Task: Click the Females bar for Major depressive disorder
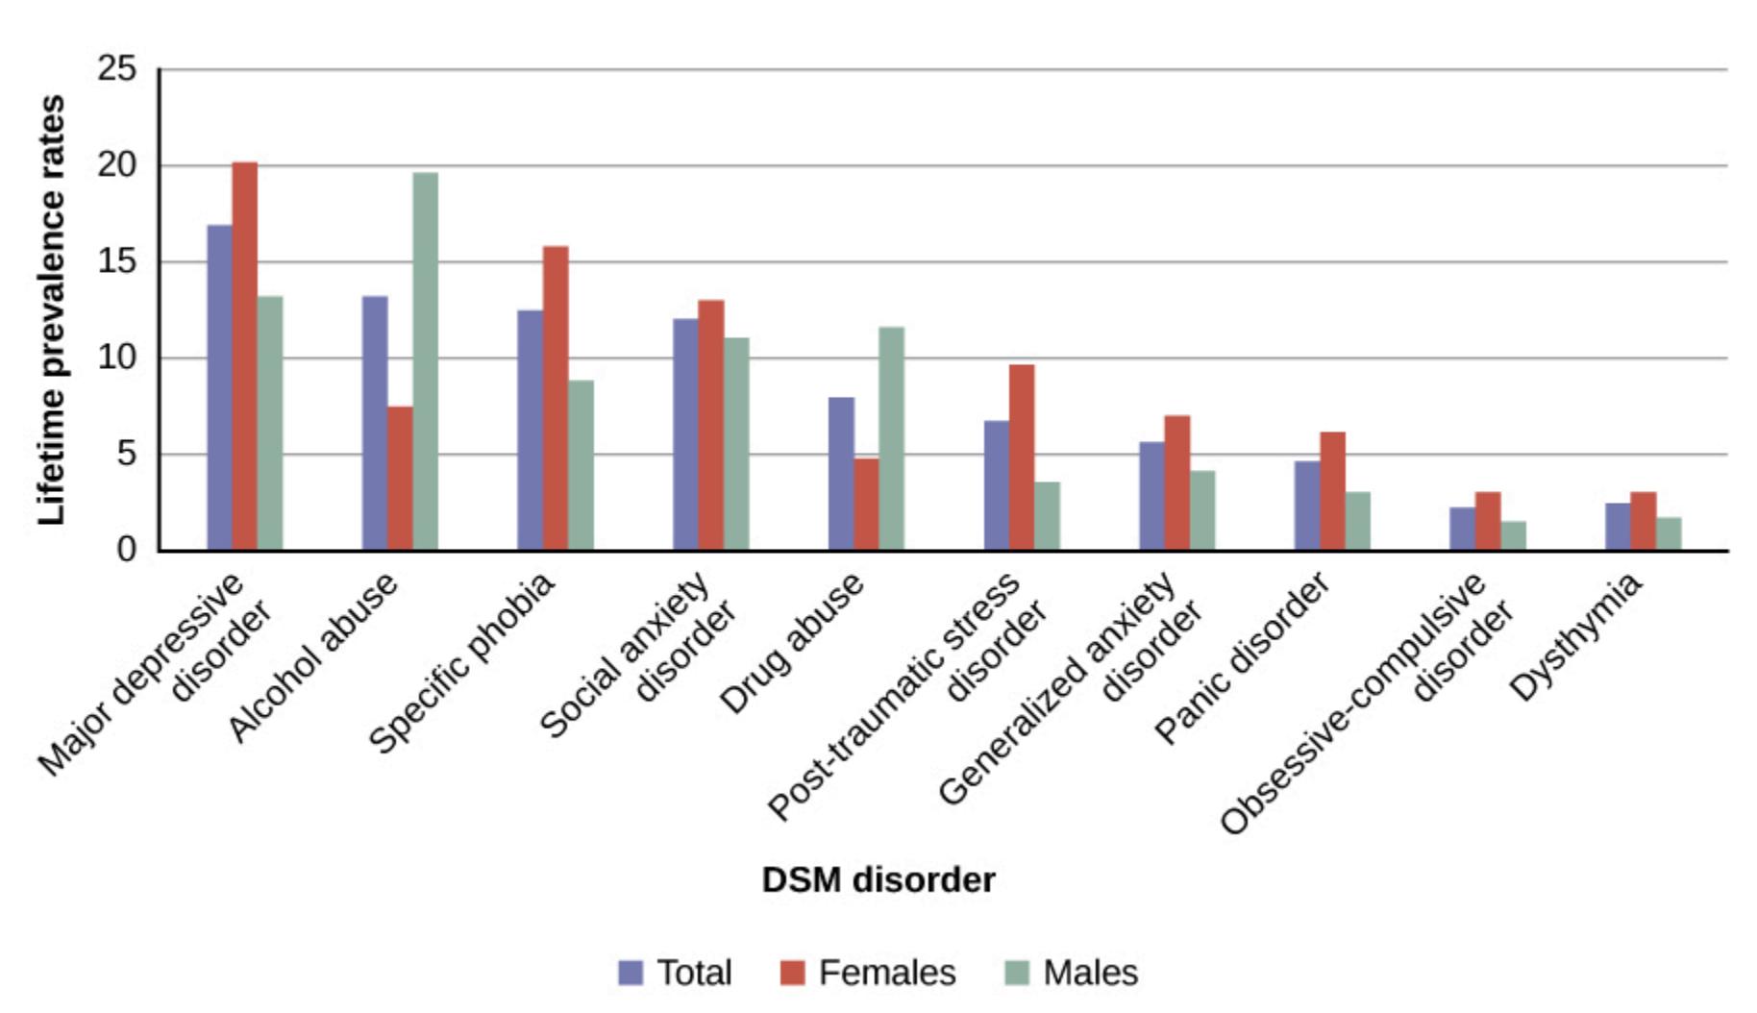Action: (245, 356)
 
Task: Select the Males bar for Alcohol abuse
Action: (426, 361)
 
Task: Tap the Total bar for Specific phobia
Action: (530, 430)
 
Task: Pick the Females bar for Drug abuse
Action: (866, 504)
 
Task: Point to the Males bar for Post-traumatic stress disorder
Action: (1047, 516)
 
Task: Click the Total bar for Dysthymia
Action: (1618, 527)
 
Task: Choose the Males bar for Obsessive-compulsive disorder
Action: (1513, 535)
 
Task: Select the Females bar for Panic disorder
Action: (1332, 491)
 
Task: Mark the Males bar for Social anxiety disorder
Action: (736, 444)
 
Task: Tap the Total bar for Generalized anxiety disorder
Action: (1151, 496)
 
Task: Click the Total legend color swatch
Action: (631, 973)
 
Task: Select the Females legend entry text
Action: (886, 973)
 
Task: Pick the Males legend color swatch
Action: (1016, 973)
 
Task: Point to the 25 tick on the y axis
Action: (117, 69)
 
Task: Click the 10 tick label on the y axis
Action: (117, 358)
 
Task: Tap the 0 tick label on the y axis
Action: (127, 550)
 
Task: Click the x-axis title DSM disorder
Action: (878, 879)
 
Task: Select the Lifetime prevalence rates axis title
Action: (52, 309)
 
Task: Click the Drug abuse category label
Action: (792, 644)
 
